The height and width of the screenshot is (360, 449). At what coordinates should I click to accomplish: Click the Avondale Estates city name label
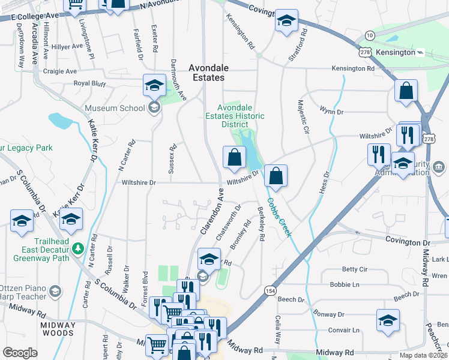[x=206, y=73]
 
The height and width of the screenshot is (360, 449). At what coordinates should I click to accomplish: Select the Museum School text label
[x=115, y=108]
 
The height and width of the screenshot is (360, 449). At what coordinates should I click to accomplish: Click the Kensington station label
[x=396, y=52]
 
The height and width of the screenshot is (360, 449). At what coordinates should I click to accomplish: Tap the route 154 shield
[x=268, y=290]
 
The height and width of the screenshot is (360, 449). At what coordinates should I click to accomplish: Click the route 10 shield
[x=369, y=36]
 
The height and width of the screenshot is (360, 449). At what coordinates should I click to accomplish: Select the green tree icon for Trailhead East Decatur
[x=77, y=248]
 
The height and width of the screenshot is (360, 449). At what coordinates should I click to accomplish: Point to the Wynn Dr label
[x=331, y=112]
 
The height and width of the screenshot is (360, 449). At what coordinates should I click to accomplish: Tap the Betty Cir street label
[x=354, y=269]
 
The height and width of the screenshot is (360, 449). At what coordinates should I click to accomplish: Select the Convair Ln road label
[x=343, y=329]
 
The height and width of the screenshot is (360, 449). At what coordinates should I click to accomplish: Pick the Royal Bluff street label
[x=89, y=83]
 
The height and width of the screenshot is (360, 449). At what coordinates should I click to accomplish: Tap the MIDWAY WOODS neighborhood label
[x=58, y=329]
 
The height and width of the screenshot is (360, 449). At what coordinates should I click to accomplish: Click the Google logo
[x=20, y=353]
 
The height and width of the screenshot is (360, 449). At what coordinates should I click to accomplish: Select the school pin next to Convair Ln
[x=388, y=320]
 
